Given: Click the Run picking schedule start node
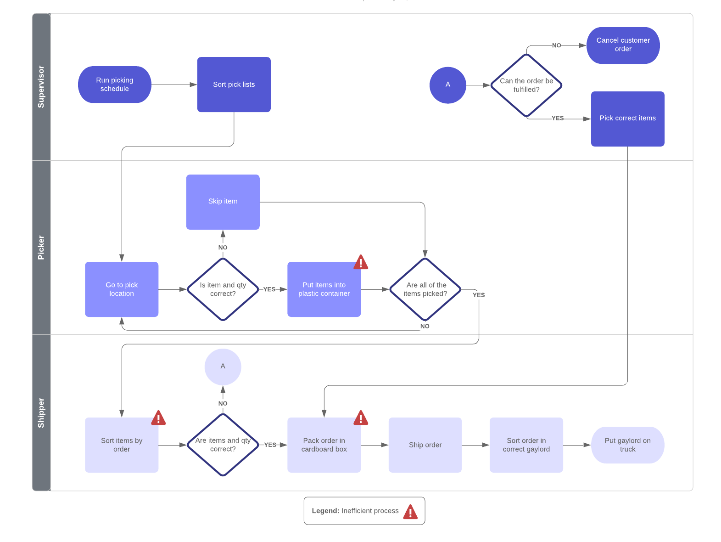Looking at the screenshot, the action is point(114,85).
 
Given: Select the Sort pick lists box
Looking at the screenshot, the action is point(234,85).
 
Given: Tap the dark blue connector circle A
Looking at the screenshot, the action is point(447,85).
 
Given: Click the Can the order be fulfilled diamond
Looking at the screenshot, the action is point(526,85).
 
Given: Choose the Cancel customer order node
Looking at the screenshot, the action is point(623,45).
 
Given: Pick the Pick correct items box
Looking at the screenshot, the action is point(627,119).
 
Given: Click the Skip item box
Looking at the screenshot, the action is point(223,202).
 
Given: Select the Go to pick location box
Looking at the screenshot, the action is point(122,289).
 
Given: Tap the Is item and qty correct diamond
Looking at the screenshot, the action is point(223,289).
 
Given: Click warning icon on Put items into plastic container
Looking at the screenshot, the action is point(361,263).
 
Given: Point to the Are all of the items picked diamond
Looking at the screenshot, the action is point(425,289).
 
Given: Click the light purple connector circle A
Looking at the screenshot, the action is point(223,367).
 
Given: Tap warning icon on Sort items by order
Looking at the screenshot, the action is point(158,418).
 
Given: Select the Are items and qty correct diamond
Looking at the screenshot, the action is point(223,445).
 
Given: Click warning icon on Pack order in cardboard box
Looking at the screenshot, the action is point(361,418).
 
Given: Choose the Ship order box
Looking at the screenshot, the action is point(425,445).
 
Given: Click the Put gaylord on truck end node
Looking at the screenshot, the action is point(627,445).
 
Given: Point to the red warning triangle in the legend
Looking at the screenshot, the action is point(410,512).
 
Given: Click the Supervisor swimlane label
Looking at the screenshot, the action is point(41,87).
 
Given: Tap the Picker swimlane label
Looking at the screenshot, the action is point(41,248).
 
